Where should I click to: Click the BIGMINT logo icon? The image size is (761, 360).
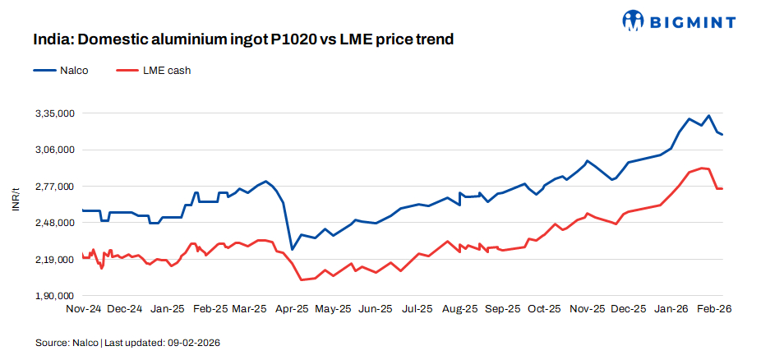[x=634, y=20]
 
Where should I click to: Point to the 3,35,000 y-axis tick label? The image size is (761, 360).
[x=53, y=113]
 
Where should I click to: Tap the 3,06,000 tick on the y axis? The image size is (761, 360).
[x=53, y=150]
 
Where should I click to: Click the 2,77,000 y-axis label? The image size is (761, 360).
[x=53, y=187]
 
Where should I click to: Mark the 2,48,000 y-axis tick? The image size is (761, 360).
[x=53, y=223]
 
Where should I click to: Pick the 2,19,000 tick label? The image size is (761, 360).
[x=53, y=260]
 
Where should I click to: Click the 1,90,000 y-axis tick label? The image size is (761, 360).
[x=53, y=296]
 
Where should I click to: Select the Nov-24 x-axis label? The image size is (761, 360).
[x=83, y=309]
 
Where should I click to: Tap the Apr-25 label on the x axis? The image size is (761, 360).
[x=291, y=309]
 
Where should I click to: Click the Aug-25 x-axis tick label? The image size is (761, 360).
[x=459, y=309]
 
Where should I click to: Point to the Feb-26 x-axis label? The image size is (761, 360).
[x=712, y=309]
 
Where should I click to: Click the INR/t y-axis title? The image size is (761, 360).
[x=16, y=198]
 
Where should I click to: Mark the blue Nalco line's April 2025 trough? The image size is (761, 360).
[x=292, y=249]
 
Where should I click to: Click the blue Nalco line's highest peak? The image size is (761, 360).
[x=708, y=116]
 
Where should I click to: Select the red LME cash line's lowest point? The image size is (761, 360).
[x=302, y=279]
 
